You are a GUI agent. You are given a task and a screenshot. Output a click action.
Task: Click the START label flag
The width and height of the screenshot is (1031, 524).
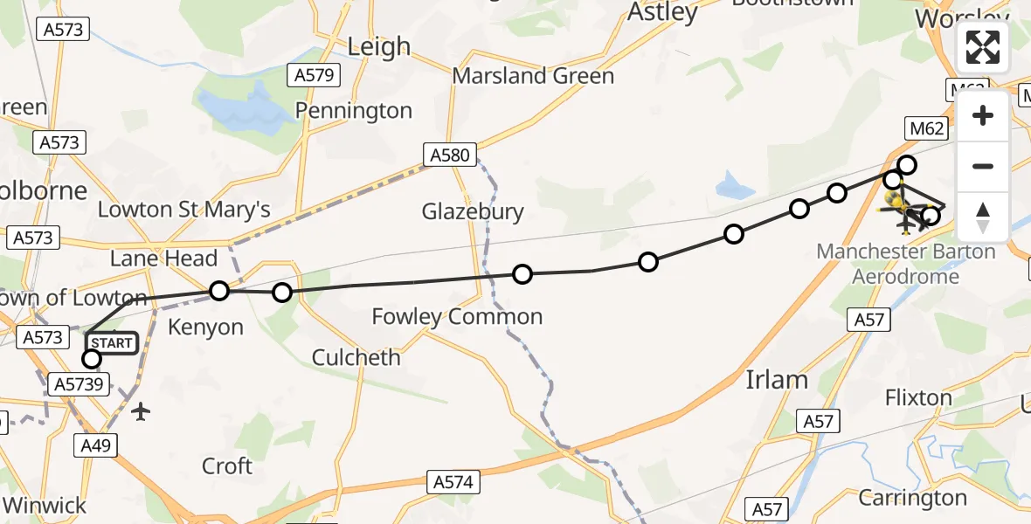(111, 342)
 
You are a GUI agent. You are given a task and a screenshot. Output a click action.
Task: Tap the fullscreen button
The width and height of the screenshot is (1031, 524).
(983, 47)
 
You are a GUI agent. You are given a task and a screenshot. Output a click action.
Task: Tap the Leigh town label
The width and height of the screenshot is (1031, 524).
(378, 46)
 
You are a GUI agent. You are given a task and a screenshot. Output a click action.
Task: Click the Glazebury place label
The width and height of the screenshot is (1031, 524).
(473, 211)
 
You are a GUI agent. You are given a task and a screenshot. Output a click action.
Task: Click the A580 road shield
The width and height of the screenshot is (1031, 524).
(451, 156)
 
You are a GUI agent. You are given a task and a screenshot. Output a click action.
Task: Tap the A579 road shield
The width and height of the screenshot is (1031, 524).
(314, 75)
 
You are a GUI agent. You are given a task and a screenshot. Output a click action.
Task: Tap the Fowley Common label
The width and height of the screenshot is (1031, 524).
(457, 316)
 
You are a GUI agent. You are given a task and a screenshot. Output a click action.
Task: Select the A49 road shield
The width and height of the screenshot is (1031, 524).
(96, 446)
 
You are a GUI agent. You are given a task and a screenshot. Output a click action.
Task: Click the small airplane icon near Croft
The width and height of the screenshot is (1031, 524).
(141, 410)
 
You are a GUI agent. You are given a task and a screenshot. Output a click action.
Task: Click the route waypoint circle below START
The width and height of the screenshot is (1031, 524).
(91, 358)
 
